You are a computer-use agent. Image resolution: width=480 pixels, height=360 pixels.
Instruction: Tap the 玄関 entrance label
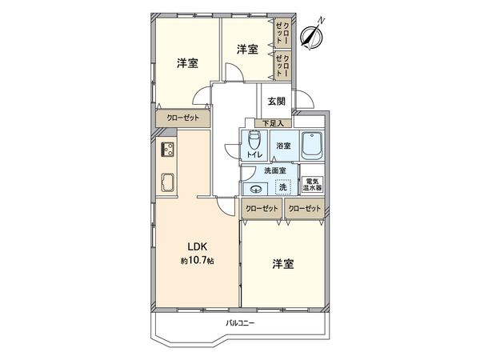click(x=277, y=101)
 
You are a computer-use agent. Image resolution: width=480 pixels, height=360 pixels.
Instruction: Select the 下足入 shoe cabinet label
click(x=274, y=123)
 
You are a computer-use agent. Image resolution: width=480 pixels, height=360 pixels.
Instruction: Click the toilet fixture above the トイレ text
click(x=254, y=141)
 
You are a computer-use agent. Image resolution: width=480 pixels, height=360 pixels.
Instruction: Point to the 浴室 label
click(x=283, y=146)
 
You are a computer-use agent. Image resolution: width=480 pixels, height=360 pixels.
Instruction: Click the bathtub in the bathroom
click(x=311, y=146)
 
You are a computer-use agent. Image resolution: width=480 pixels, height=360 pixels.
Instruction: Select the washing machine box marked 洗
click(x=282, y=187)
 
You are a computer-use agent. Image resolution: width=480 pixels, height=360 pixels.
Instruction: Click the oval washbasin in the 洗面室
click(x=254, y=189)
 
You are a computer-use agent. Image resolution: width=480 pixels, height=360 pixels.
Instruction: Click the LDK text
click(x=198, y=246)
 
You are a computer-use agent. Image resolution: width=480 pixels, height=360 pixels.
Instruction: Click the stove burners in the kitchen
click(x=168, y=149)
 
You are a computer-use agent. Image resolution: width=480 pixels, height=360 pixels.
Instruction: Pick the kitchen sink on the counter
click(x=169, y=182)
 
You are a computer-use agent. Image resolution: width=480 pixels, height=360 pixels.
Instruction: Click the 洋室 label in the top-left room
click(x=187, y=63)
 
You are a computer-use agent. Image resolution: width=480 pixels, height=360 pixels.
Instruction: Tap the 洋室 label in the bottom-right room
click(x=282, y=263)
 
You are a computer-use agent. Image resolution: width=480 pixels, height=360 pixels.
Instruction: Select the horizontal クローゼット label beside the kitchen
click(x=183, y=118)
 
